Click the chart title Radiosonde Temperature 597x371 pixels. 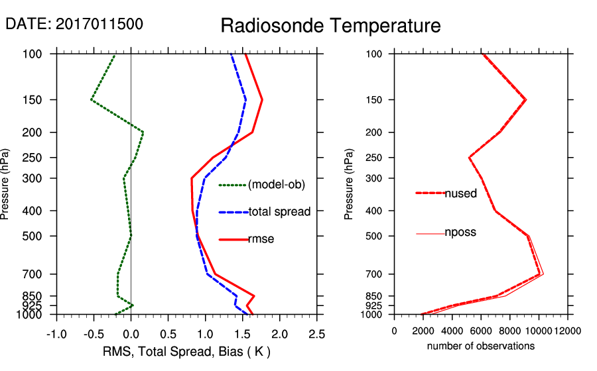[x=330, y=26]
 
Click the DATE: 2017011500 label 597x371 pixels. [x=74, y=24]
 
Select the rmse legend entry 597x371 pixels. [x=261, y=239]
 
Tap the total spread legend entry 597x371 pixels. [x=279, y=212]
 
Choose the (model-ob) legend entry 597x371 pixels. [x=276, y=185]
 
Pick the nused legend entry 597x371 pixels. [x=460, y=193]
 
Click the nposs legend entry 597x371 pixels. [x=460, y=233]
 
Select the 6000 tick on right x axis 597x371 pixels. [x=481, y=331]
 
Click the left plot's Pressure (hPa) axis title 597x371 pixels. [x=6, y=184]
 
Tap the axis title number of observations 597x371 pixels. [x=481, y=346]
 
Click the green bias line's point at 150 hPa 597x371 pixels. [x=92, y=100]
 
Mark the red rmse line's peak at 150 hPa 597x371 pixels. [x=262, y=100]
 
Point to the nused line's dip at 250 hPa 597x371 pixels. [x=470, y=158]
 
